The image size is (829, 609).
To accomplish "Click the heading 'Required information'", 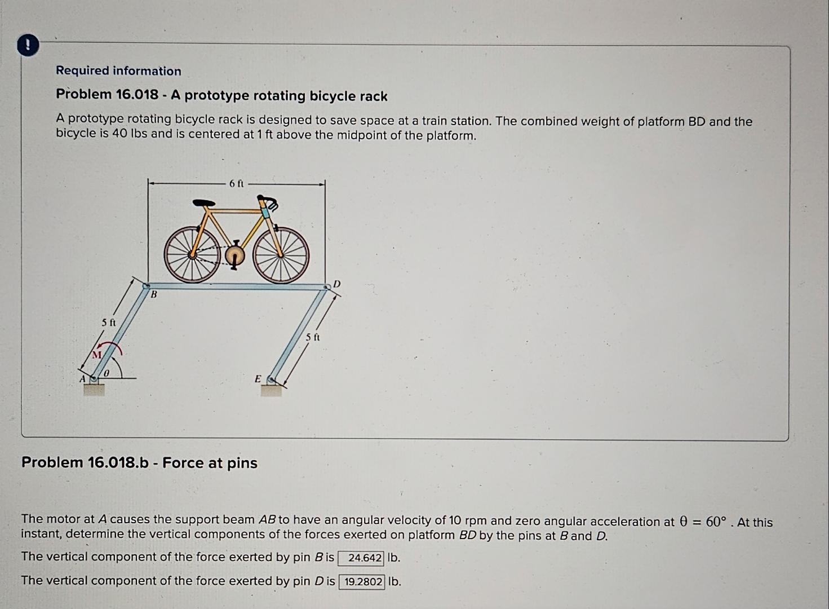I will click(x=118, y=71).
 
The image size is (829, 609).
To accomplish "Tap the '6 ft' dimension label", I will click(x=237, y=183).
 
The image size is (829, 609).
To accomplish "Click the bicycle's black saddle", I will click(x=203, y=203).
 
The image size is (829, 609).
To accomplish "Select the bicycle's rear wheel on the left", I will click(x=192, y=255).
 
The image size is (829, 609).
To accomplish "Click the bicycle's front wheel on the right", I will click(x=281, y=255).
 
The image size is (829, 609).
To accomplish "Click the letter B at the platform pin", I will click(x=153, y=295).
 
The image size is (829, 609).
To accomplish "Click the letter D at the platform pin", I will click(x=337, y=284).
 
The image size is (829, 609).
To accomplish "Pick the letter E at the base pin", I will click(x=258, y=379).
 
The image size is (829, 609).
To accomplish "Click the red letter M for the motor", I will click(x=97, y=355).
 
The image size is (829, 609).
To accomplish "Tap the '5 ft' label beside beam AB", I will click(x=109, y=323).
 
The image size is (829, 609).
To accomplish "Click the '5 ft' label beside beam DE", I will click(x=313, y=337).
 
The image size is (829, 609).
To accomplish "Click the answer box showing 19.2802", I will click(x=362, y=582).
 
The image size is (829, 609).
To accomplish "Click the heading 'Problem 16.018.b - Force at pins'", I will click(x=139, y=463).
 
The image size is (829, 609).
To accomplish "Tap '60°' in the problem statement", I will click(x=715, y=522).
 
